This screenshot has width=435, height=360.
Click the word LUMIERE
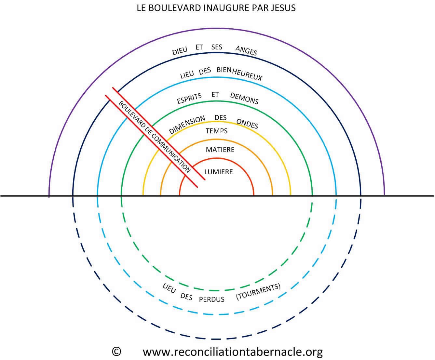pyautogui.click(x=218, y=172)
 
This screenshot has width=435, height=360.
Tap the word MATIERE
pyautogui.click(x=220, y=150)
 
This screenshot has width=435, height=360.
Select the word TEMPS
pyautogui.click(x=217, y=131)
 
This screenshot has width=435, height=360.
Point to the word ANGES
pyautogui.click(x=246, y=50)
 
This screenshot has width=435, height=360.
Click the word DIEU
pyautogui.click(x=180, y=51)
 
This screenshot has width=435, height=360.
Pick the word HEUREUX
pyautogui.click(x=247, y=75)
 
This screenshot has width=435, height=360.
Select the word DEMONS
pyautogui.click(x=244, y=98)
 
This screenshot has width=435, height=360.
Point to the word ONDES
pyautogui.click(x=247, y=124)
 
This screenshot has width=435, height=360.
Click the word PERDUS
pyautogui.click(x=211, y=299)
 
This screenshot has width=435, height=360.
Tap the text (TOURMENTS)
pyautogui.click(x=258, y=292)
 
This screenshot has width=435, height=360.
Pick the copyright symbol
pyautogui.click(x=116, y=352)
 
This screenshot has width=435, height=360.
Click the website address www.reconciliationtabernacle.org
pyautogui.click(x=232, y=352)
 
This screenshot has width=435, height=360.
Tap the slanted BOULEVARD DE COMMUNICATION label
pyautogui.click(x=155, y=137)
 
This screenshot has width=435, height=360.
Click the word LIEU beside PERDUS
pyautogui.click(x=169, y=288)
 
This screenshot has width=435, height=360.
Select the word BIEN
pyautogui.click(x=224, y=70)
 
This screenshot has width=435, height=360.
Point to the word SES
pyautogui.click(x=217, y=47)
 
